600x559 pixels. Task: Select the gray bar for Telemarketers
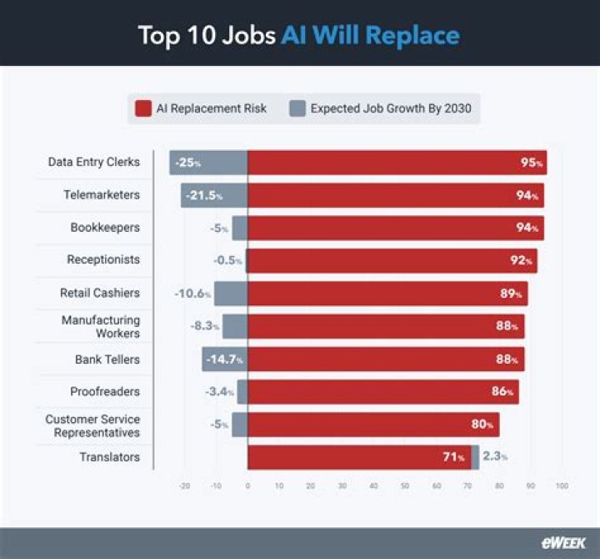(x=214, y=195)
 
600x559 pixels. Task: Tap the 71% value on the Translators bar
(x=453, y=457)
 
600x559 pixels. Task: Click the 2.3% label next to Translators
(x=494, y=457)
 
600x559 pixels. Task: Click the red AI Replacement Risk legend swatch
(x=142, y=108)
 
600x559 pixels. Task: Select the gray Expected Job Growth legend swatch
(x=297, y=108)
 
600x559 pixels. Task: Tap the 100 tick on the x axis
(x=562, y=486)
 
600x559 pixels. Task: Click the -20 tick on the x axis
(x=184, y=486)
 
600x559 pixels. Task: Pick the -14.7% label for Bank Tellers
(x=226, y=360)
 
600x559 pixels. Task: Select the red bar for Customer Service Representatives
(x=373, y=425)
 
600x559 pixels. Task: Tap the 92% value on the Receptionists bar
(x=520, y=260)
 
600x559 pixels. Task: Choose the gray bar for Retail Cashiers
(x=231, y=294)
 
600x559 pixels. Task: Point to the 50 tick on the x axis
(x=405, y=486)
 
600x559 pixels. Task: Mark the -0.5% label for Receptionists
(x=227, y=260)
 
